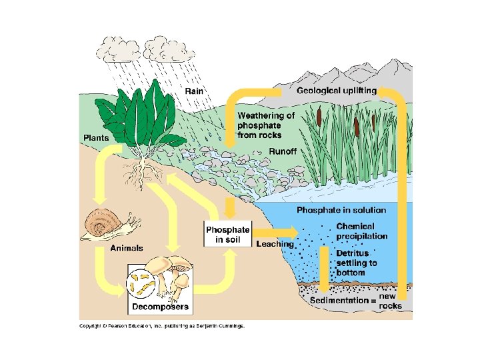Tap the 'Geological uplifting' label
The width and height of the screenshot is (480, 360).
pos(337,90)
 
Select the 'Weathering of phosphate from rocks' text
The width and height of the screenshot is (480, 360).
pos(265,125)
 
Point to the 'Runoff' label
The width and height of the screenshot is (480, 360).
pos(282,151)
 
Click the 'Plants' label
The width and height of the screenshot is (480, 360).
pos(97,137)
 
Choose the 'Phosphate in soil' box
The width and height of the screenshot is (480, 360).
pos(228,234)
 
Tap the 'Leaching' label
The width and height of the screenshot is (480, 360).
pos(275,244)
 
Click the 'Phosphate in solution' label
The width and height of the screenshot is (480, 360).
pos(341,211)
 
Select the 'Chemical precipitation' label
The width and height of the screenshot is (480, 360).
pos(361,231)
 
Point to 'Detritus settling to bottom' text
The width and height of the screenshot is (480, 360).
pos(356,263)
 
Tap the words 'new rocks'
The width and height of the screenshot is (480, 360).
pos(391,301)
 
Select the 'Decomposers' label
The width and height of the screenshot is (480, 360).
pos(159,307)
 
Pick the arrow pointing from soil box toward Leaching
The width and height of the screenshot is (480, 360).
pos(275,231)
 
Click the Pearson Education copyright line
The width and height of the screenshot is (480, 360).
pos(162,326)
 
